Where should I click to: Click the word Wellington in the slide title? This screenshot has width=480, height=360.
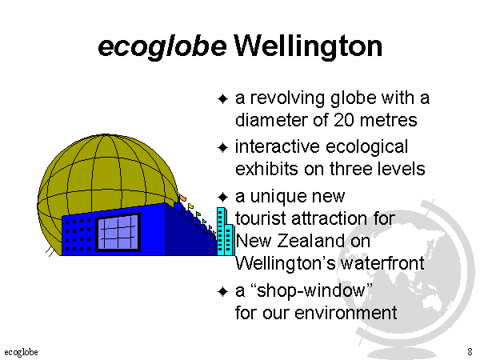tap(308, 46)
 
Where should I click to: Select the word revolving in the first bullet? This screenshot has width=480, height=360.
tap(288, 99)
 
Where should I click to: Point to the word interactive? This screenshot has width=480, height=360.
tap(278, 146)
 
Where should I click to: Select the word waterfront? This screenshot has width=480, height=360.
tap(382, 263)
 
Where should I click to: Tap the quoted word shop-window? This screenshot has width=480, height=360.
tap(311, 291)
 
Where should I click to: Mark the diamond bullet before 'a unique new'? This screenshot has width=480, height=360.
tap(222, 197)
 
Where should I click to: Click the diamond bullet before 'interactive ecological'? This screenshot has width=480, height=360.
tap(222, 147)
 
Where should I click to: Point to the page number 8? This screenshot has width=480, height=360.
tap(470, 351)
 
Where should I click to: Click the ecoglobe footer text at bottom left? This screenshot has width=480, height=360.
tap(21, 352)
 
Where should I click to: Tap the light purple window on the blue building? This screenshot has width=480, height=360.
tap(118, 232)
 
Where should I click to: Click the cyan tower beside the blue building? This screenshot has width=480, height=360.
tap(226, 232)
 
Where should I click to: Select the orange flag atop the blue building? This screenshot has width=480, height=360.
tap(182, 198)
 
